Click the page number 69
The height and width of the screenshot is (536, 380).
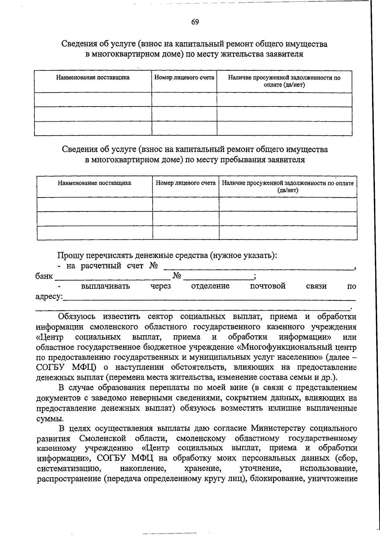pyautogui.click(x=195, y=22)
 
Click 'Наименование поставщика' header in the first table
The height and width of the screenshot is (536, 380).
pyautogui.click(x=93, y=77)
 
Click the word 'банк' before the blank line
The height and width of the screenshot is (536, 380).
pyautogui.click(x=44, y=276)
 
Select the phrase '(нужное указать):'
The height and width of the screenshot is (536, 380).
pyautogui.click(x=243, y=255)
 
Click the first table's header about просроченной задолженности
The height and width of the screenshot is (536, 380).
pyautogui.click(x=284, y=81)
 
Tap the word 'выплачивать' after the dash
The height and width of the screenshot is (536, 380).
pyautogui.click(x=105, y=286)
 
